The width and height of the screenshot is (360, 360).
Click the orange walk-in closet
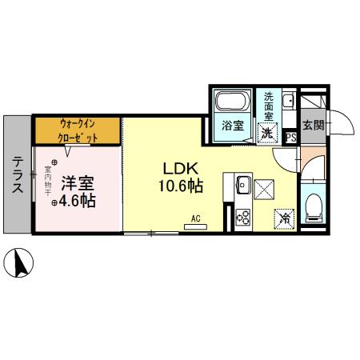click(77, 130)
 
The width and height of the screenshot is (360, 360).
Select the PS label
click(291, 137)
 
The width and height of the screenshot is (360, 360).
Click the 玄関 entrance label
click(313, 125)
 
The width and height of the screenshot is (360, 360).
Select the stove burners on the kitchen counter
click(242, 216)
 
